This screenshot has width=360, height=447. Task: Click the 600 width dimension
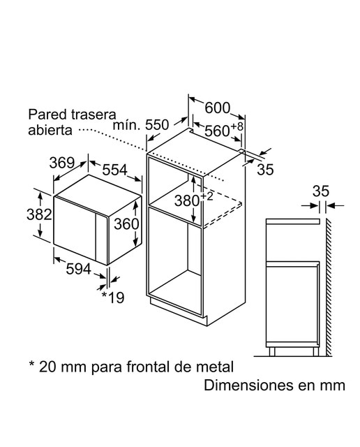217,108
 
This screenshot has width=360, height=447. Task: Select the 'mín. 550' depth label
141,125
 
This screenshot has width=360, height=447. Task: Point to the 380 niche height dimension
193,200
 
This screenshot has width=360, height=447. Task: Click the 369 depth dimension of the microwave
62,163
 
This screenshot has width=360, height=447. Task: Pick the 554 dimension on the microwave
115,170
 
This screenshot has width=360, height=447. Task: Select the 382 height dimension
39,214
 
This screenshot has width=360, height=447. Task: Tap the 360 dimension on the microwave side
126,224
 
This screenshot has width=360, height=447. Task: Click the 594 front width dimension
79,269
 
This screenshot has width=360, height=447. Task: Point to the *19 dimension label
113,298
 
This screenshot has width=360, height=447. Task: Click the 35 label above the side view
321,191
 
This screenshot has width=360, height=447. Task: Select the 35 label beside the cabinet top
265,169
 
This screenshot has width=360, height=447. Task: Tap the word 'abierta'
50,130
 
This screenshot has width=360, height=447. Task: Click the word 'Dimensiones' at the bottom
248,386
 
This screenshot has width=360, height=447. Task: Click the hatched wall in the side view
329,287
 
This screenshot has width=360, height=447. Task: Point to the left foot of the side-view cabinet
272,352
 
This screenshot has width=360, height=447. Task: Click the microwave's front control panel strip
102,239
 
